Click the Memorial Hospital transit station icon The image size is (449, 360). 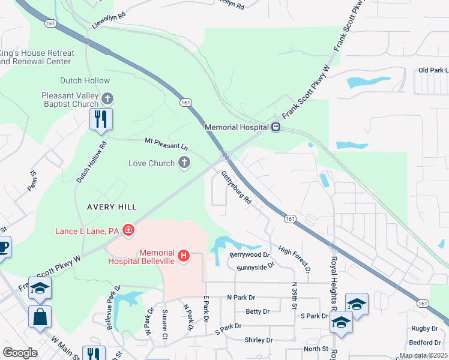276,127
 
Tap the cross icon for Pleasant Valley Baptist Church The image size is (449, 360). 107,98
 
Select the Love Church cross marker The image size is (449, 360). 184,163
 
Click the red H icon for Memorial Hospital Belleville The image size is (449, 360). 184,256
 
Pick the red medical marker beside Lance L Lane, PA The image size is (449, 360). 128,230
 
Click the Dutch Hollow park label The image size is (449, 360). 85,80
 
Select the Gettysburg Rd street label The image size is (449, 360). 236,188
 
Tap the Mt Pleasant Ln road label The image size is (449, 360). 166,145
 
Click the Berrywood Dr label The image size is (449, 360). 245,254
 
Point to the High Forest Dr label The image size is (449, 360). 294,258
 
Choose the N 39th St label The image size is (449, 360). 294,296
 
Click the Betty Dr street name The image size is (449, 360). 258,311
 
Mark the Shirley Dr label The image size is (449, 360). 259,340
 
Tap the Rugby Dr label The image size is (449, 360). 425,328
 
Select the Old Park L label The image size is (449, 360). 432,71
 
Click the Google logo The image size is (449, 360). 20,352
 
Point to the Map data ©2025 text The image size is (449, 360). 424,355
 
